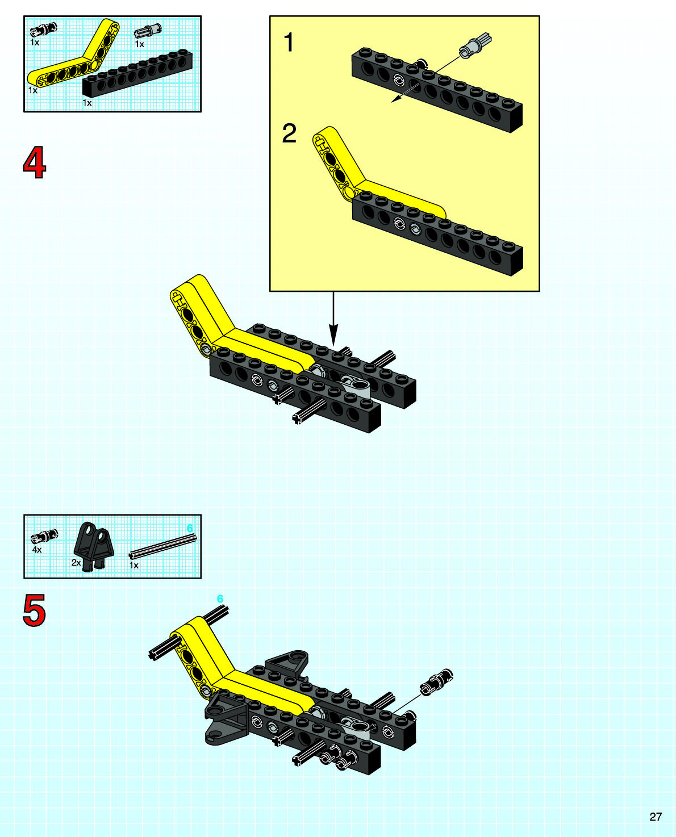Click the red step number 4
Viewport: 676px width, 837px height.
point(35,162)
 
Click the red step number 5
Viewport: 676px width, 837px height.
point(35,610)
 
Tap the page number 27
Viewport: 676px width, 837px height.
point(656,817)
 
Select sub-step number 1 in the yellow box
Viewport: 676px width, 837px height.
point(289,43)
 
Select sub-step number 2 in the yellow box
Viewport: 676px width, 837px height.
point(289,133)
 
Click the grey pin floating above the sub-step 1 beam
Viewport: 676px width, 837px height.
point(475,45)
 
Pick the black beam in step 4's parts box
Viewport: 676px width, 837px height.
point(137,73)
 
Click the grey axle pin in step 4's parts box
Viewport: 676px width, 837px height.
point(148,30)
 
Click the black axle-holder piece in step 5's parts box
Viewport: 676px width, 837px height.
point(94,545)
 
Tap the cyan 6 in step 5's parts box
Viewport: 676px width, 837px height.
point(190,529)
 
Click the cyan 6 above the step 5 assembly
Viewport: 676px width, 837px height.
point(220,599)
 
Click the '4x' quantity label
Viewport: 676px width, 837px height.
point(37,550)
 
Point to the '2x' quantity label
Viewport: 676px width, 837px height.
point(76,563)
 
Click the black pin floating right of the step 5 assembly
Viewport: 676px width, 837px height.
point(436,683)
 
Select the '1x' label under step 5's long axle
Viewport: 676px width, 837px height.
point(134,566)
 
